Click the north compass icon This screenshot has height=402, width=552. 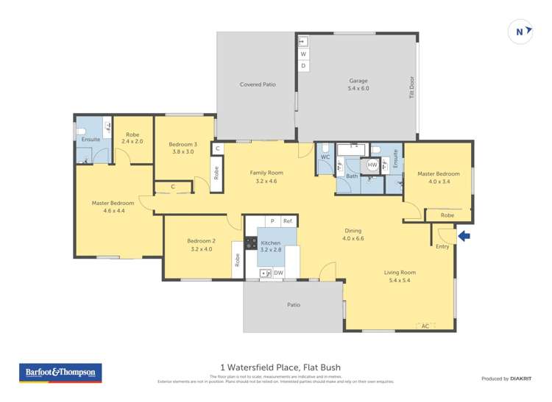click(x=520, y=32)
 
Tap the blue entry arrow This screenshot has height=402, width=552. click(x=464, y=236)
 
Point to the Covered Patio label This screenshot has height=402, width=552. click(x=258, y=85)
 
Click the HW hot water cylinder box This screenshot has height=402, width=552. click(x=372, y=165)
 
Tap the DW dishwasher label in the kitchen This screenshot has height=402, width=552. click(x=278, y=273)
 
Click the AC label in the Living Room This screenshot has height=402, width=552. click(x=424, y=326)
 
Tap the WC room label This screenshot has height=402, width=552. click(x=325, y=157)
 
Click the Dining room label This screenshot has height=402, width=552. click(x=353, y=234)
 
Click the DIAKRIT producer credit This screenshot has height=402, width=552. click(x=519, y=378)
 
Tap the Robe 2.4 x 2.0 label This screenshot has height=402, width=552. click(x=132, y=137)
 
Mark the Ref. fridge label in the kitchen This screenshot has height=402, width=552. click(x=288, y=221)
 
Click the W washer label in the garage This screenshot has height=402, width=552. click(x=303, y=54)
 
